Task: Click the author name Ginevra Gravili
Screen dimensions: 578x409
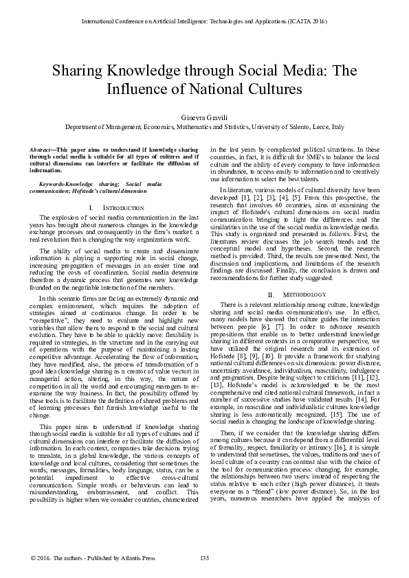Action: (x=204, y=117)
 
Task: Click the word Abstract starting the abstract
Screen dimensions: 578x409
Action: (x=43, y=149)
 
